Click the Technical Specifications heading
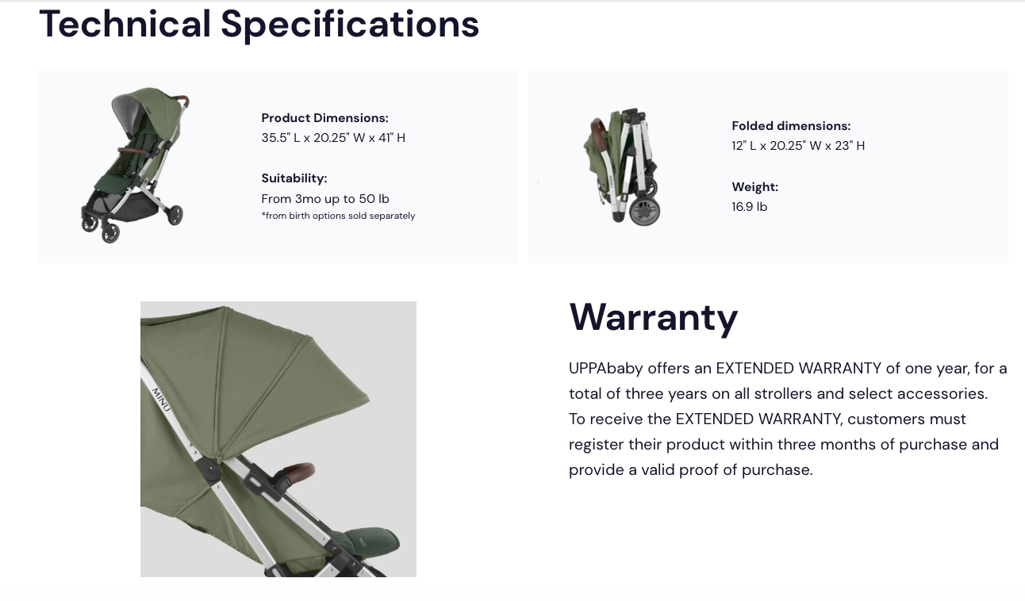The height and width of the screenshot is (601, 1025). click(x=259, y=25)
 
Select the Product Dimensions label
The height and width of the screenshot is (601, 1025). click(x=325, y=118)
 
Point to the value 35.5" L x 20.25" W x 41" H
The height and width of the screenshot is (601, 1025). click(x=333, y=138)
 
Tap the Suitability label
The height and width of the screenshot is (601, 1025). click(x=294, y=178)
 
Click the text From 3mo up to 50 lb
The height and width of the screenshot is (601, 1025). click(x=325, y=199)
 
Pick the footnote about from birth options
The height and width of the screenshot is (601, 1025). click(x=338, y=216)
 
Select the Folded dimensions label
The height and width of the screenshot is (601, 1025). click(x=791, y=126)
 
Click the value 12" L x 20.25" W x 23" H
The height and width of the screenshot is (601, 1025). click(x=798, y=146)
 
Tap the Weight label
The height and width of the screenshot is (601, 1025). click(x=755, y=187)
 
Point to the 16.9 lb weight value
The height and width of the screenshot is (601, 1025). click(x=749, y=207)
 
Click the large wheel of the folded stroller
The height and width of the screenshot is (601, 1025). click(x=645, y=212)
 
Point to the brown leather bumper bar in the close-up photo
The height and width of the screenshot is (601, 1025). click(x=298, y=471)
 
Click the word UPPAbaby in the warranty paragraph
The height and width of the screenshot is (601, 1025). click(x=606, y=369)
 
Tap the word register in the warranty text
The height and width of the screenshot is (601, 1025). click(x=597, y=445)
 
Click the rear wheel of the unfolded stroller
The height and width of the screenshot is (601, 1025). click(x=175, y=216)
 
